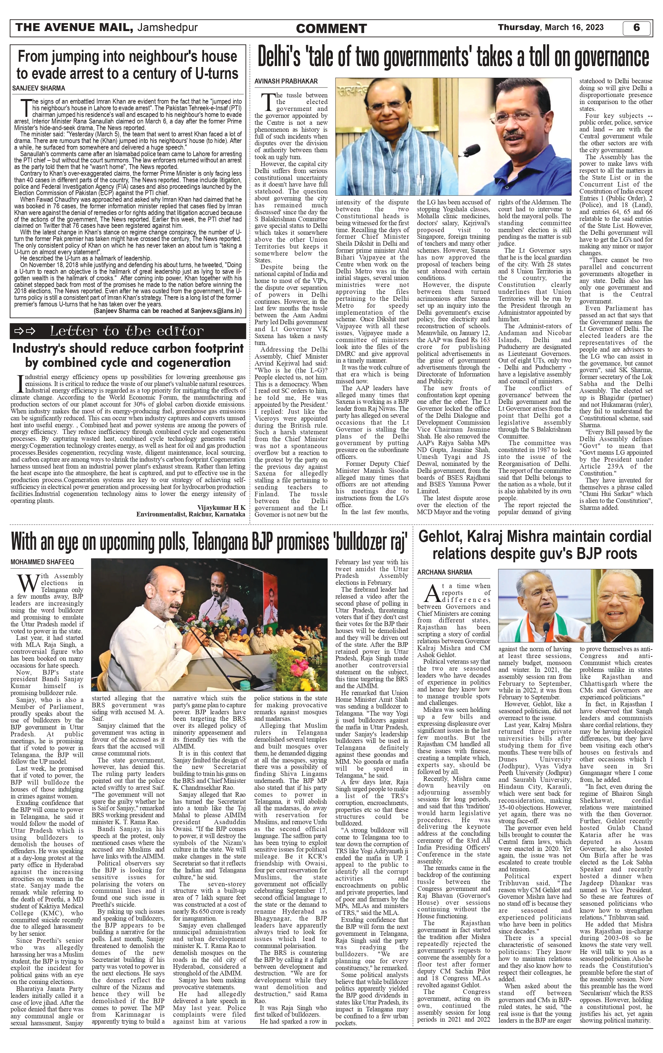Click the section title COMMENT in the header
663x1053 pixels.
tap(331, 29)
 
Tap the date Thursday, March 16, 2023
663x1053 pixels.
tap(551, 27)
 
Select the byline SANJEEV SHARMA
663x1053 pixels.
tap(39, 88)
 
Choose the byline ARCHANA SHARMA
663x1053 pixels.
tap(445, 572)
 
